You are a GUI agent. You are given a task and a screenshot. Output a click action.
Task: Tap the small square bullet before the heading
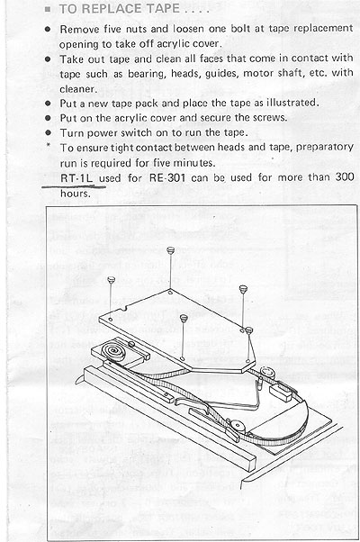48,9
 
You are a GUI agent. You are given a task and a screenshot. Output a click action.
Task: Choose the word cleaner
78,89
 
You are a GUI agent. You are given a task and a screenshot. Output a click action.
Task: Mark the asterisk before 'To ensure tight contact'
49,146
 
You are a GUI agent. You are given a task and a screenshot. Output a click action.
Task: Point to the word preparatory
324,148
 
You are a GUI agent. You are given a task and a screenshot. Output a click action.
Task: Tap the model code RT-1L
76,178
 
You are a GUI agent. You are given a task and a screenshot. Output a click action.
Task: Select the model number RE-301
167,177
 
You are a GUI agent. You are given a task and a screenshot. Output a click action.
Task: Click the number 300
345,177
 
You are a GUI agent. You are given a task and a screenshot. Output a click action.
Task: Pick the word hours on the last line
75,194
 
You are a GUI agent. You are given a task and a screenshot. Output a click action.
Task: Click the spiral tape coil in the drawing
113,350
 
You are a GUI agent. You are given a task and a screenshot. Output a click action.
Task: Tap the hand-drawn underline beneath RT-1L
74,186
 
